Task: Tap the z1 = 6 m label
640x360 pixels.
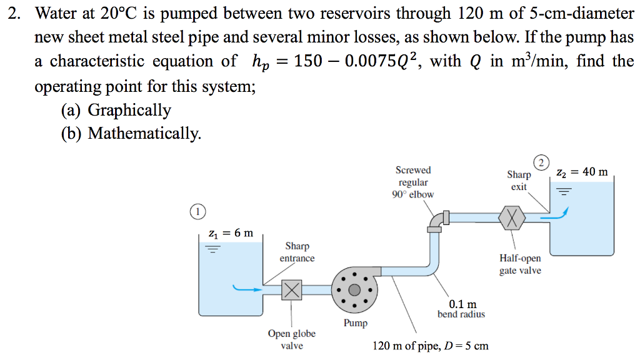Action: point(231,233)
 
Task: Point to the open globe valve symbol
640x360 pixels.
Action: point(291,289)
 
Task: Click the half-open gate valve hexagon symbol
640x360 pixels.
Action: point(512,217)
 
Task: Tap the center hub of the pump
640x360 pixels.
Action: point(354,289)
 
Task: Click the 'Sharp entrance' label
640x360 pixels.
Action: point(297,252)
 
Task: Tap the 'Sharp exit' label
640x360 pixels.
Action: point(519,181)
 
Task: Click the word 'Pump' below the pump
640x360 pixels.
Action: point(356,323)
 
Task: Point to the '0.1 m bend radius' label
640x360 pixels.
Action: point(461,309)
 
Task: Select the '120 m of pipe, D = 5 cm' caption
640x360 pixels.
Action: point(431,346)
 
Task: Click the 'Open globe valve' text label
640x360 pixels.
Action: point(292,339)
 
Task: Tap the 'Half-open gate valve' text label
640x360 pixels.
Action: point(520,264)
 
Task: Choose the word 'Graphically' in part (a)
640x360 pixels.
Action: point(129,110)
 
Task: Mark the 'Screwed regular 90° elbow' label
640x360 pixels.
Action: point(413,182)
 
